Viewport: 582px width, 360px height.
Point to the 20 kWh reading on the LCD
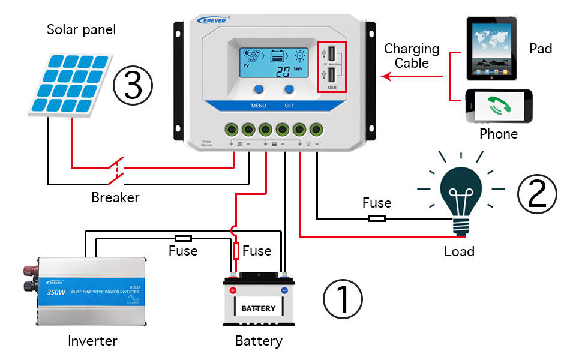285,73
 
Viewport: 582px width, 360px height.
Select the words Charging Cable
412,56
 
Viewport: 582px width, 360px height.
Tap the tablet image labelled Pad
491,48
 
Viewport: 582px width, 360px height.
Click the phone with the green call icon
498,106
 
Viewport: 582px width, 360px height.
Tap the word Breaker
115,197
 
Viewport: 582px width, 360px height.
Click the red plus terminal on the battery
233,290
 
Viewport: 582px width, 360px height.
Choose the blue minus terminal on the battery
284,290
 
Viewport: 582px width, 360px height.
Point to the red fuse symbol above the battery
236,250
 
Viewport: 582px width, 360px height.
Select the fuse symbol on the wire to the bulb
377,218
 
